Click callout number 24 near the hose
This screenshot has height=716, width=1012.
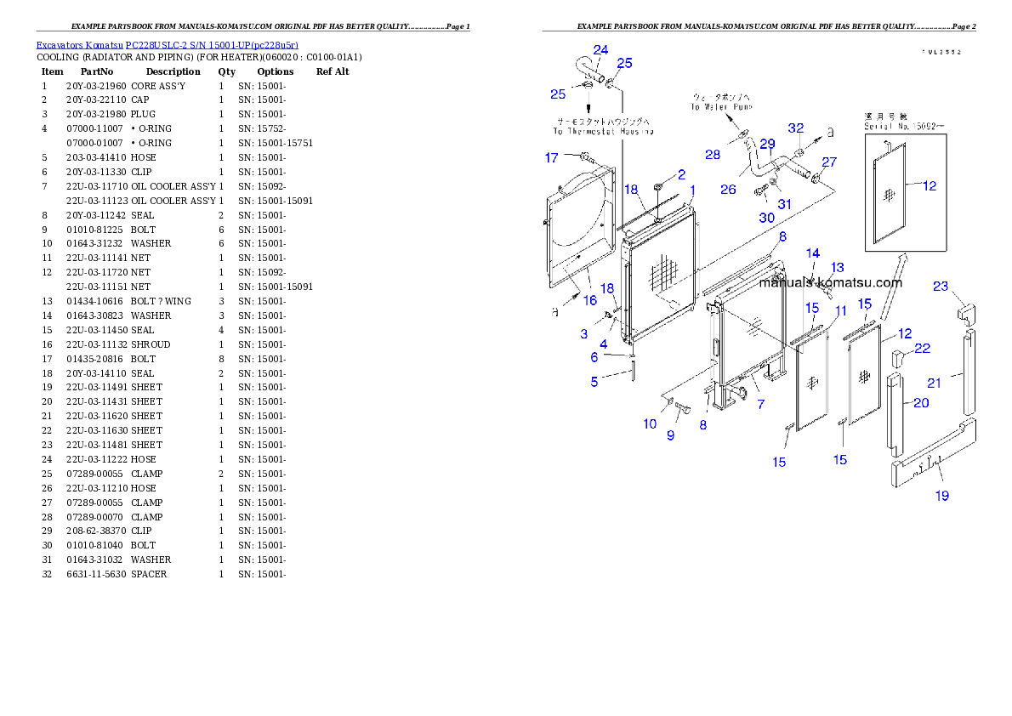coord(600,50)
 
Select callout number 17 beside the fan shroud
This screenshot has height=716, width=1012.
coord(552,157)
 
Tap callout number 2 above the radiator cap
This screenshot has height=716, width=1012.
coord(681,174)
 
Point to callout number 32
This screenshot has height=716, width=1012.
coord(795,128)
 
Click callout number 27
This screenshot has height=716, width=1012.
coord(829,162)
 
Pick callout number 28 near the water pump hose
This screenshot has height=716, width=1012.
coord(712,154)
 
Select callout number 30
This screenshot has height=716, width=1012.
coord(766,218)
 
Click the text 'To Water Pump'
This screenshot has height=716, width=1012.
coord(718,108)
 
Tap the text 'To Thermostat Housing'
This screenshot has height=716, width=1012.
coord(603,132)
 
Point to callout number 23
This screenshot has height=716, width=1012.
coord(940,287)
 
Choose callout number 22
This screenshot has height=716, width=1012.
coord(922,349)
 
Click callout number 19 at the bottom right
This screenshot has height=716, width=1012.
coord(942,496)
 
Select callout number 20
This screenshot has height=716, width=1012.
coord(921,403)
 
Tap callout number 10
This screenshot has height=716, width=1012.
coord(650,423)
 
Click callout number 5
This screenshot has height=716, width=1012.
coord(594,382)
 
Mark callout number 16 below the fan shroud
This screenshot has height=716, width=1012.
coord(589,300)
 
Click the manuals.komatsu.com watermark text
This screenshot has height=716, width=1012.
coord(830,283)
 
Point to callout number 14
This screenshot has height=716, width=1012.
coord(813,253)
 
